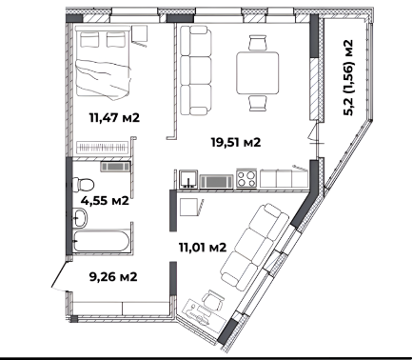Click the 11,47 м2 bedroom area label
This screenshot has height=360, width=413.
click(x=114, y=118)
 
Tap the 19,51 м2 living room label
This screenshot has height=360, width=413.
click(x=236, y=142)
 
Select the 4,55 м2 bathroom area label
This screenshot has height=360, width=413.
click(x=105, y=201)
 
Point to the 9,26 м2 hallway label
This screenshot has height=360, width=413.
click(x=113, y=277)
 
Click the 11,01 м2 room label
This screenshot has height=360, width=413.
click(x=203, y=247)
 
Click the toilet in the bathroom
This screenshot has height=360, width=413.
click(x=83, y=185)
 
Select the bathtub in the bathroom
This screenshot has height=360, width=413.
click(x=101, y=242)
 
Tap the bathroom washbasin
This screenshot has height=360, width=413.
click(x=80, y=218)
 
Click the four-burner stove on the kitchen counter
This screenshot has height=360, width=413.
click(x=246, y=178)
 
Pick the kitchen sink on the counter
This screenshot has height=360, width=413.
click(x=188, y=179)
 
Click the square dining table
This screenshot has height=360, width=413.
click(x=258, y=73)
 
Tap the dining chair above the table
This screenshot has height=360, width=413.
click(x=257, y=43)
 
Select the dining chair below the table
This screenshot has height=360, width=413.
click(x=257, y=103)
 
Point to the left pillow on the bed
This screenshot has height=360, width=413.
click(x=89, y=39)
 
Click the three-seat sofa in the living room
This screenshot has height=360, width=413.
click(x=196, y=70)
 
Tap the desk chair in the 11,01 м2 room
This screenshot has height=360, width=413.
click(x=213, y=300)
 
